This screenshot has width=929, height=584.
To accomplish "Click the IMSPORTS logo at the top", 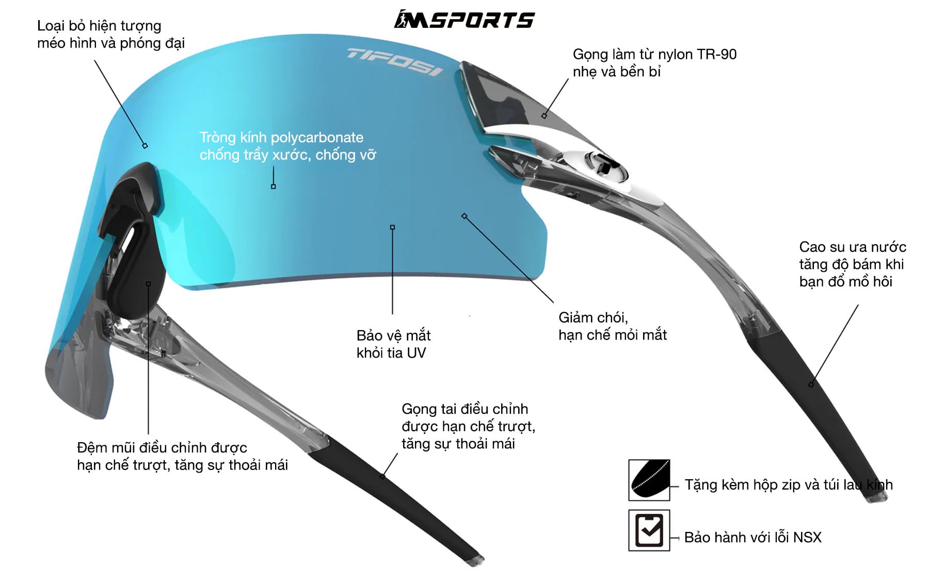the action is coord(464,20).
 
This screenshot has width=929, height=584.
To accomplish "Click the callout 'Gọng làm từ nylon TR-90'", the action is coord(654,54).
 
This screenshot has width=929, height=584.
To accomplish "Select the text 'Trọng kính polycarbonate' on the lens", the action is coord(281,137).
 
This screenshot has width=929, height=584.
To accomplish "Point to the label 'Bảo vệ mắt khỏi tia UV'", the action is coord(393,344).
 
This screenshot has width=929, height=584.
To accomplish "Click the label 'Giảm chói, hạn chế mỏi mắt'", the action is coord(612,326).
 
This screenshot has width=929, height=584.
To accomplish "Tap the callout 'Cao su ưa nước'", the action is coord(853,247).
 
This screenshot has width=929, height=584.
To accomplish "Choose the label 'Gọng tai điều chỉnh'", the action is coord(464,409).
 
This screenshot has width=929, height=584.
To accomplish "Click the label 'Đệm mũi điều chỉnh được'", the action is coord(162,447).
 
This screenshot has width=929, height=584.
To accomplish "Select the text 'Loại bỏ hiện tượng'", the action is coord(99,26).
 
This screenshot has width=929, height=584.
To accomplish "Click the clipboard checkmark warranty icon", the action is coord(649,530).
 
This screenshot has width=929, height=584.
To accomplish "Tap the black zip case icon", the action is coord(649,480).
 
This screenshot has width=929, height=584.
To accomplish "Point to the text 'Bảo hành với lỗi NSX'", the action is coord(752,538).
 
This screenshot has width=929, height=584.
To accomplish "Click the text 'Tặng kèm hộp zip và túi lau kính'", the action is coord(789,485).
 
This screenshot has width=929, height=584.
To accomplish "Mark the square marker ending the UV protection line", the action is coord(392,227).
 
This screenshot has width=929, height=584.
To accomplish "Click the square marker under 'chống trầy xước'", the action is coord(274,186).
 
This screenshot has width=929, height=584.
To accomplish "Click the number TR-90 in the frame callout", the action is coord(716,54).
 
